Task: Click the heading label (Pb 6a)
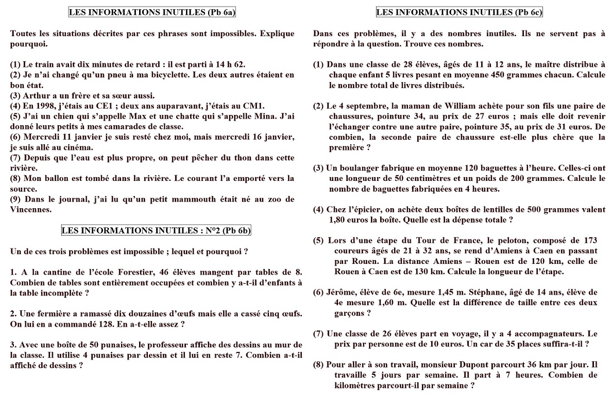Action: click(x=209, y=12)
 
